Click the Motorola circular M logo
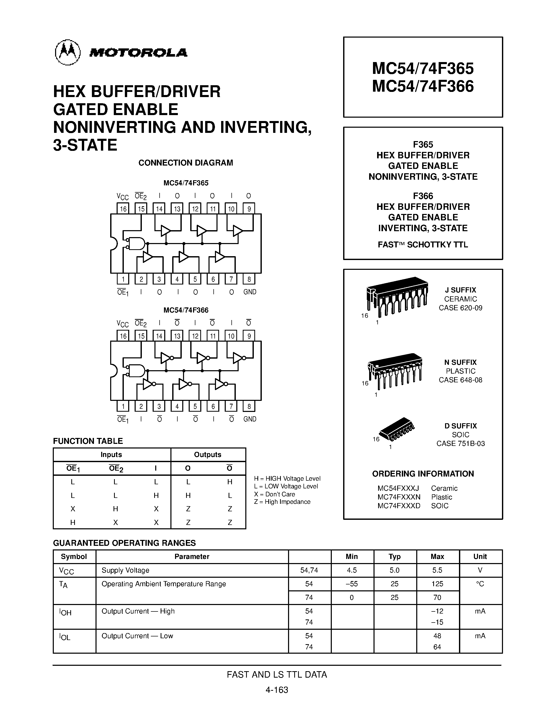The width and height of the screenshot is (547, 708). pos(68,52)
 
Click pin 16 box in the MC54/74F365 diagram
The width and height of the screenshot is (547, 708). pos(123,209)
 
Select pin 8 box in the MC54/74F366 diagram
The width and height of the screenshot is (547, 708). pos(249,406)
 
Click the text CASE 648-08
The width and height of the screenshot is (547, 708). pos(461,380)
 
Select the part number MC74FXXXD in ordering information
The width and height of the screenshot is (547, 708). pos(399,506)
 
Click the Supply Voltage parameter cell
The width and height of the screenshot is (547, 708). pos(125,570)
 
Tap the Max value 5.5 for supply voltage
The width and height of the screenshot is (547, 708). pos(437,570)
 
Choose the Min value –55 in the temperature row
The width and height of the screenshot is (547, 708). pos(352,584)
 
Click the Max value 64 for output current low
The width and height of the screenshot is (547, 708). pos(437,647)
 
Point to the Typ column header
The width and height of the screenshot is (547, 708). pos(394,557)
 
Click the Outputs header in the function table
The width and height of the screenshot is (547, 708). pos(207,454)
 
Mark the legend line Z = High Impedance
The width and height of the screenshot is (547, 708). pos(282,502)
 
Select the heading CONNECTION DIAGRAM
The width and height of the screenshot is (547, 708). pos(186,163)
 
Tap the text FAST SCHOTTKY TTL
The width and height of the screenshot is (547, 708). pos(423,245)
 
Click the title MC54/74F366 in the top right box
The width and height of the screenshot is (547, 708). pos(423,86)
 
